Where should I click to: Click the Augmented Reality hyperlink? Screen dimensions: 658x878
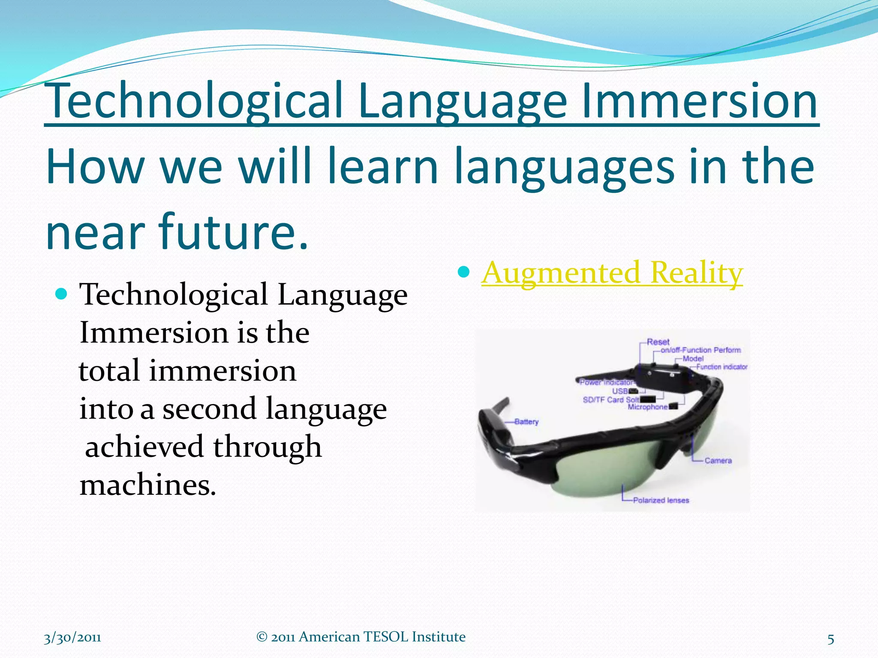pos(612,273)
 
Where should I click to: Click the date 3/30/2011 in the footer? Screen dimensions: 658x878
pos(72,637)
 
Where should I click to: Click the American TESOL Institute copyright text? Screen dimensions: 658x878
pos(361,637)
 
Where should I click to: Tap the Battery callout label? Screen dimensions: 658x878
pos(526,422)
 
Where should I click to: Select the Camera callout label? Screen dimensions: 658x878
pos(718,461)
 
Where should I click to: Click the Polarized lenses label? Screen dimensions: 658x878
pos(661,500)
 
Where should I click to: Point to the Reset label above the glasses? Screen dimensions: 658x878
pos(658,342)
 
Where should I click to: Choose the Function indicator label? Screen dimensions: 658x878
pos(722,367)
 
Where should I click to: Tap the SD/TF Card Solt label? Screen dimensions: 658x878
pos(610,399)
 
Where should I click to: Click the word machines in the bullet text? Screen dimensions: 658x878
pos(148,486)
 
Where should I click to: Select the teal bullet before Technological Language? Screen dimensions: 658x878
pos(62,294)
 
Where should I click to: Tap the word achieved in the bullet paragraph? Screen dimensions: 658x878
pos(144,447)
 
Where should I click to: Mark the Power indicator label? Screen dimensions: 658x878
pos(606,382)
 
